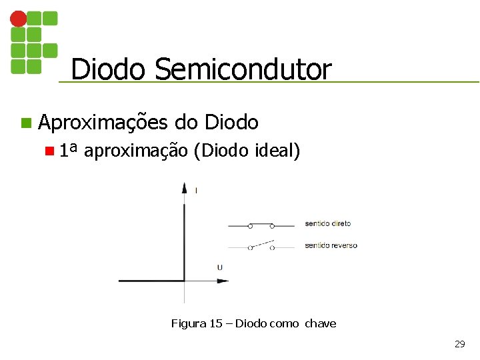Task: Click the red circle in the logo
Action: tap(19, 19)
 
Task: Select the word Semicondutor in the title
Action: tap(243, 69)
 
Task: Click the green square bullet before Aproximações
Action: tap(25, 123)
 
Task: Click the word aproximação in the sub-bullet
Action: tap(137, 151)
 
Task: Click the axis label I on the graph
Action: tap(196, 191)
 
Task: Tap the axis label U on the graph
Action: tap(220, 267)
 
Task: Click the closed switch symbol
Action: tap(261, 225)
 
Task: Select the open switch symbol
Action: tap(261, 245)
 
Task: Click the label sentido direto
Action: tap(328, 223)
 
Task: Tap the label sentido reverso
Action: tap(331, 245)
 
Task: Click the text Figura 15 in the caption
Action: tap(197, 324)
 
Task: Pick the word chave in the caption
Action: tap(321, 324)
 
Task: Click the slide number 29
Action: tap(459, 344)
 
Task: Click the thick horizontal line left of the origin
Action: tap(151, 281)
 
